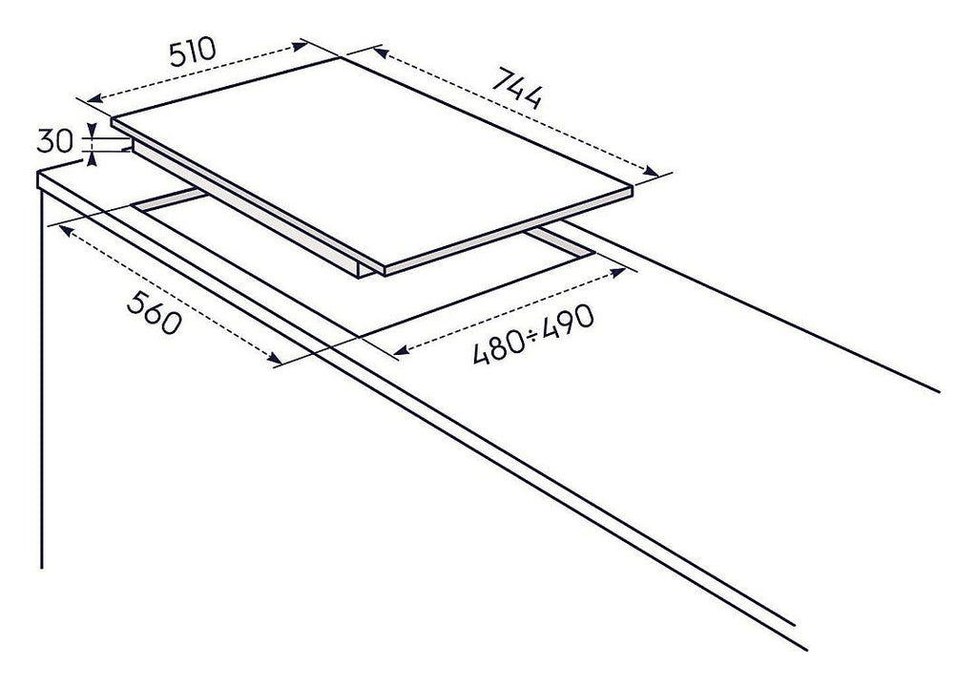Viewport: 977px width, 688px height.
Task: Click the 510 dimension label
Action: point(192,52)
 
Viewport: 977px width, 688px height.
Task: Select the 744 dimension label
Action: point(516,88)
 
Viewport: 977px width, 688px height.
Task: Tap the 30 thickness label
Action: point(54,141)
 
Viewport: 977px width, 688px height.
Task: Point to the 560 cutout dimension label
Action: point(155,313)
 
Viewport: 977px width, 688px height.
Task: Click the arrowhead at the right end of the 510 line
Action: point(300,45)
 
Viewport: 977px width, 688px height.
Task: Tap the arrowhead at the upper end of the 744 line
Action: point(381,52)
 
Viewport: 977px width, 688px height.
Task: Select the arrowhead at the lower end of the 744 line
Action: point(651,172)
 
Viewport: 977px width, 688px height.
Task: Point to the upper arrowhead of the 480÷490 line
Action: point(618,272)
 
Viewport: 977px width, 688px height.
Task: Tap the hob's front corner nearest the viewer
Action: point(385,270)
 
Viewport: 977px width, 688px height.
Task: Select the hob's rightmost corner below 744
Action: point(634,186)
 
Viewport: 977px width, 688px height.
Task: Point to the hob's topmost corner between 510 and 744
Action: point(341,57)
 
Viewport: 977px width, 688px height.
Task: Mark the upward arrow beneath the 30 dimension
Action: point(92,158)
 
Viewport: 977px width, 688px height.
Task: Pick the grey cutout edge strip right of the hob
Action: point(559,241)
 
